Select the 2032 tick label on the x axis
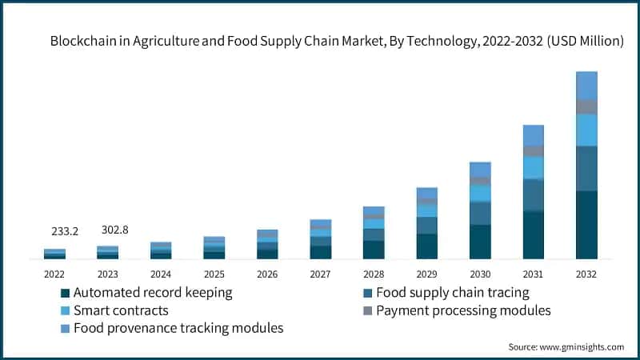pyautogui.click(x=586, y=274)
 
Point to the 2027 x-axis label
pyautogui.click(x=321, y=274)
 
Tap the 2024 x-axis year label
pyautogui.click(x=161, y=274)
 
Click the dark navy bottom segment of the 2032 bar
pyautogui.click(x=586, y=225)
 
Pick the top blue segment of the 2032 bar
pyautogui.click(x=586, y=85)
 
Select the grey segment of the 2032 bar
pyautogui.click(x=586, y=106)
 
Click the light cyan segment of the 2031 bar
pyautogui.click(x=534, y=167)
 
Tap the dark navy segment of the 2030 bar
pyautogui.click(x=480, y=242)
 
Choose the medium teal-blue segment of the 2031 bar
pyautogui.click(x=534, y=194)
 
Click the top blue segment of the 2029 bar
pyautogui.click(x=427, y=193)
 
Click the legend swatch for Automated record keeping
pyautogui.click(x=66, y=293)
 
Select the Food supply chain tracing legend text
pyautogui.click(x=453, y=293)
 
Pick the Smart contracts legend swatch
pyautogui.click(x=66, y=310)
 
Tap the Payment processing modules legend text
pyautogui.click(x=464, y=310)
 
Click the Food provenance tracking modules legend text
pyautogui.click(x=178, y=328)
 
